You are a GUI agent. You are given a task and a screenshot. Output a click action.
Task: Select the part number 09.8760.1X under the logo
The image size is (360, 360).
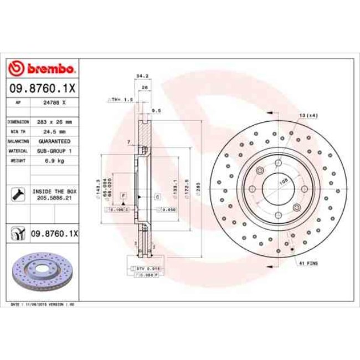(43, 88)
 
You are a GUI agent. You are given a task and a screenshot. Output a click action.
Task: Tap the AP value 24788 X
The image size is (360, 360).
(55, 102)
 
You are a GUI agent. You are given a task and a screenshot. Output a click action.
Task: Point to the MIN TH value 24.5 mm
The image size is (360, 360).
(54, 131)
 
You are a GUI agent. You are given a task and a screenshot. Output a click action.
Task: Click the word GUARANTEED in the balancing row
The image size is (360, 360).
(54, 141)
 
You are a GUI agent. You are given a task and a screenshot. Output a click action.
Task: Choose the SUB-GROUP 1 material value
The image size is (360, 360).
(54, 150)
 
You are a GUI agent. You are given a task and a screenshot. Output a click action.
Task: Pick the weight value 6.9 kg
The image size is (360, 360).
(54, 160)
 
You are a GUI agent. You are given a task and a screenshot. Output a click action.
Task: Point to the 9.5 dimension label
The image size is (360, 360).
(156, 110)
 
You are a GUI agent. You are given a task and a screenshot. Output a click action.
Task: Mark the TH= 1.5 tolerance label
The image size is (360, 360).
(121, 99)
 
